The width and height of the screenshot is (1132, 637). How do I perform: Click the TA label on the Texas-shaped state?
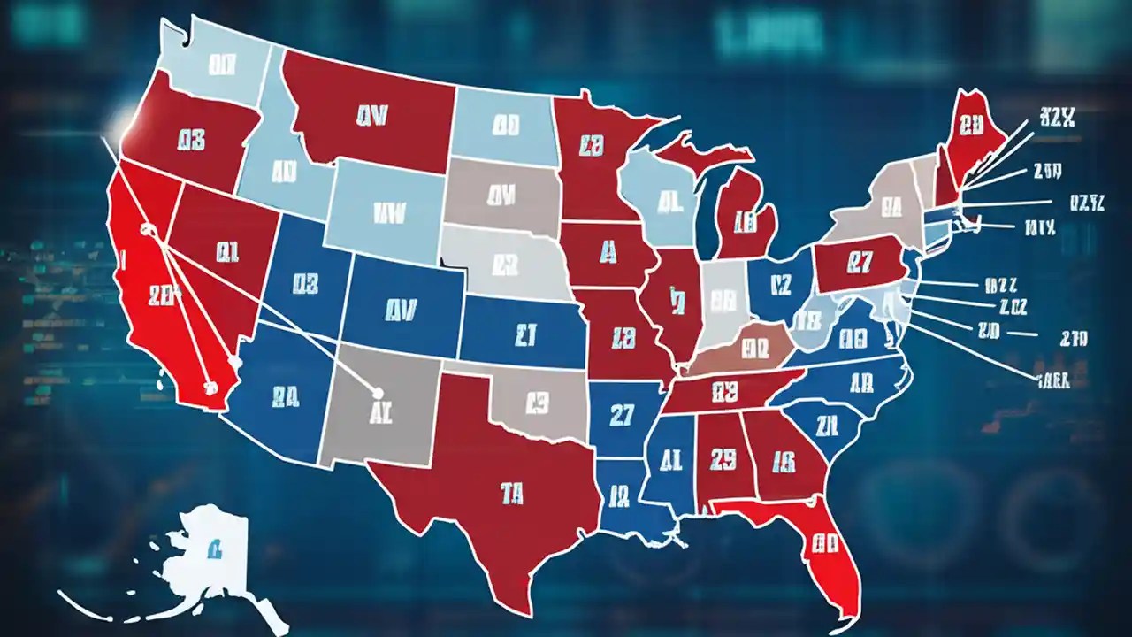coord(510,493)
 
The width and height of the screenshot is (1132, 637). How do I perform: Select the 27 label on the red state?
coord(860,262)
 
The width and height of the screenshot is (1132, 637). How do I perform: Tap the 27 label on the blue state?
coord(623,413)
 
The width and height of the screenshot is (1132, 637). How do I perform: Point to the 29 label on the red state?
coord(723,458)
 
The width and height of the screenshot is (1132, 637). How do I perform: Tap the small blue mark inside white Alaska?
coord(214,550)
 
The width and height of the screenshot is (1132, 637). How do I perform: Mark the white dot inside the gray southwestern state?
coord(378,393)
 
